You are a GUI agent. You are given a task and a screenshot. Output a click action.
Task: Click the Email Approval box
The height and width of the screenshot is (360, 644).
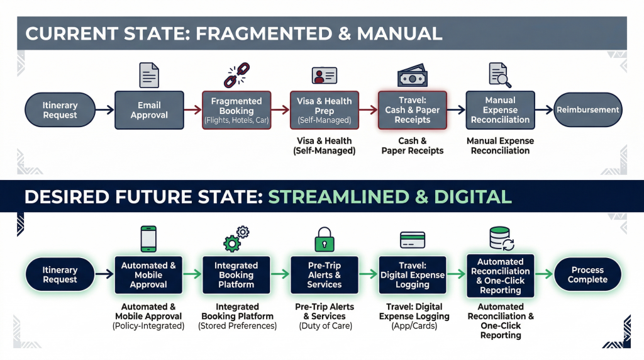pos(149,110)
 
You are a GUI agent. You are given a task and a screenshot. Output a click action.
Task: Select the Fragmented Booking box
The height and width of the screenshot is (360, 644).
pos(236,110)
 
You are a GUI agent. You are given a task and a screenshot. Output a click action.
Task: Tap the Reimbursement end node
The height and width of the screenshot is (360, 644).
pos(587,110)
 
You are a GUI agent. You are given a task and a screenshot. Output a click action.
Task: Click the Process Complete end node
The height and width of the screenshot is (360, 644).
pos(587,275)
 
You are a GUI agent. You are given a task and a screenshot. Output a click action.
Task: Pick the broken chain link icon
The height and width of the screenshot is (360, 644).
pos(236,76)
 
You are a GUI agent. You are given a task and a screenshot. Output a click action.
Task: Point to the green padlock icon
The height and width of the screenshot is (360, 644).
pos(325,240)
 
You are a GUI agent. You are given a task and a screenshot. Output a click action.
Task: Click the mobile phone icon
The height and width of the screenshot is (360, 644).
pos(148,239)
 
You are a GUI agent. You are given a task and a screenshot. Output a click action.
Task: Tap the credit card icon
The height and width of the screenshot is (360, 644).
pos(413,240)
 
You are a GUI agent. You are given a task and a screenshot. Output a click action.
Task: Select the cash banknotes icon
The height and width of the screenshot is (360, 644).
pos(413,76)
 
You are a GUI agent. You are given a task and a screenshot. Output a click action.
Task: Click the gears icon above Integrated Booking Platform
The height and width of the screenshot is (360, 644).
pos(236,239)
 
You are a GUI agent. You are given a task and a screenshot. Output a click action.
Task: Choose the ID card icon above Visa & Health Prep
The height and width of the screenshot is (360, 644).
pos(325,76)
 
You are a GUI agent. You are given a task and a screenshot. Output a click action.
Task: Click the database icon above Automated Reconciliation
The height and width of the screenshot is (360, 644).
pos(501,239)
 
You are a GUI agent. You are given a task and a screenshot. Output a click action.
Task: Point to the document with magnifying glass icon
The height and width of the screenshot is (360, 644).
pos(500,76)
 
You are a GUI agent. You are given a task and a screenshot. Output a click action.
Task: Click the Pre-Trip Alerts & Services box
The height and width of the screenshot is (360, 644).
pos(325,275)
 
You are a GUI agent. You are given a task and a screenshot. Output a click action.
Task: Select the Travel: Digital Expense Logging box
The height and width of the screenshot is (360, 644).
pos(413,275)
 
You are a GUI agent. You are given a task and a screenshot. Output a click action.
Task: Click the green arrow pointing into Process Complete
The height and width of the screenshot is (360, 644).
pos(544,275)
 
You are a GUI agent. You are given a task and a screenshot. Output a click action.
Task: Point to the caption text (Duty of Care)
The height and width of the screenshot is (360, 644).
pos(325,326)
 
